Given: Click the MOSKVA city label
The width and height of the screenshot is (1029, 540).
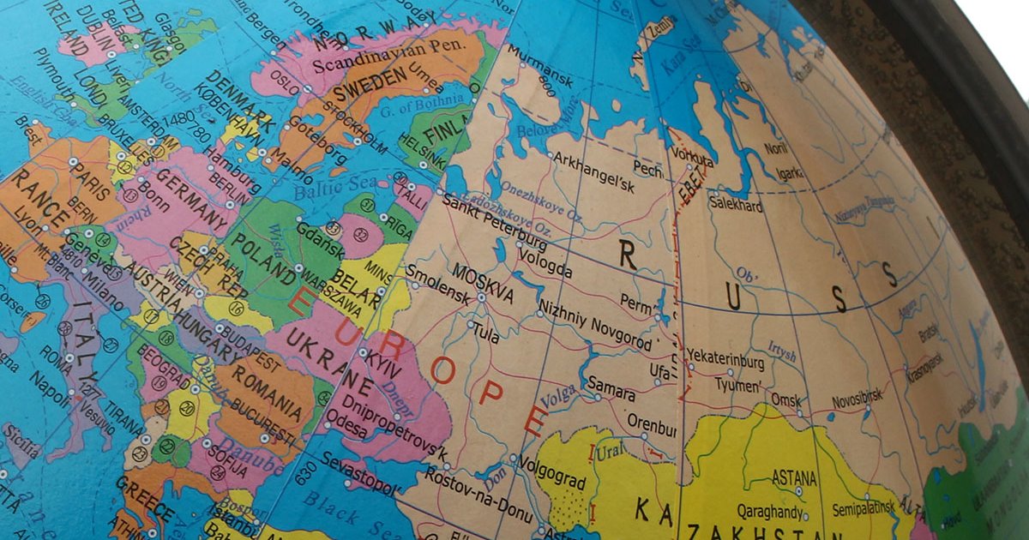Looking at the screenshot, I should point(483,284).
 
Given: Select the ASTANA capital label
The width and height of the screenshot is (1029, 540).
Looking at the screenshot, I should point(795,477).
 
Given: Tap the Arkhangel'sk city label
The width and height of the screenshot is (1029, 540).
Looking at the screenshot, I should point(593,165).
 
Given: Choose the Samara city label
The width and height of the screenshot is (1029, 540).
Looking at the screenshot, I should point(610,388).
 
